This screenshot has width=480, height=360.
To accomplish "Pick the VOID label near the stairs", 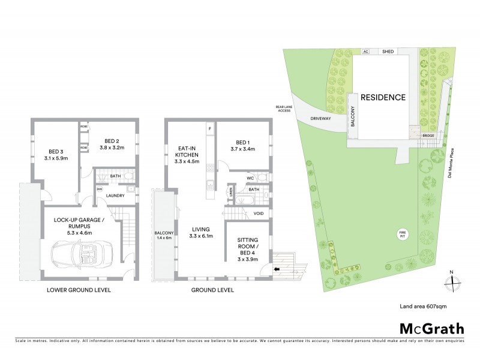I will click(x=259, y=214).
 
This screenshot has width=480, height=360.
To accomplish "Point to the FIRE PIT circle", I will click(x=403, y=233).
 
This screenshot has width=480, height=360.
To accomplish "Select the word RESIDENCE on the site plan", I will click(x=383, y=97).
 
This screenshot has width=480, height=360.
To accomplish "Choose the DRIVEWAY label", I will click(x=322, y=118).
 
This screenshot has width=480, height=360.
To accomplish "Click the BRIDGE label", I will click(x=428, y=136).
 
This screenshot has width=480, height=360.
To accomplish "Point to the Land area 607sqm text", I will click(x=423, y=306).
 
